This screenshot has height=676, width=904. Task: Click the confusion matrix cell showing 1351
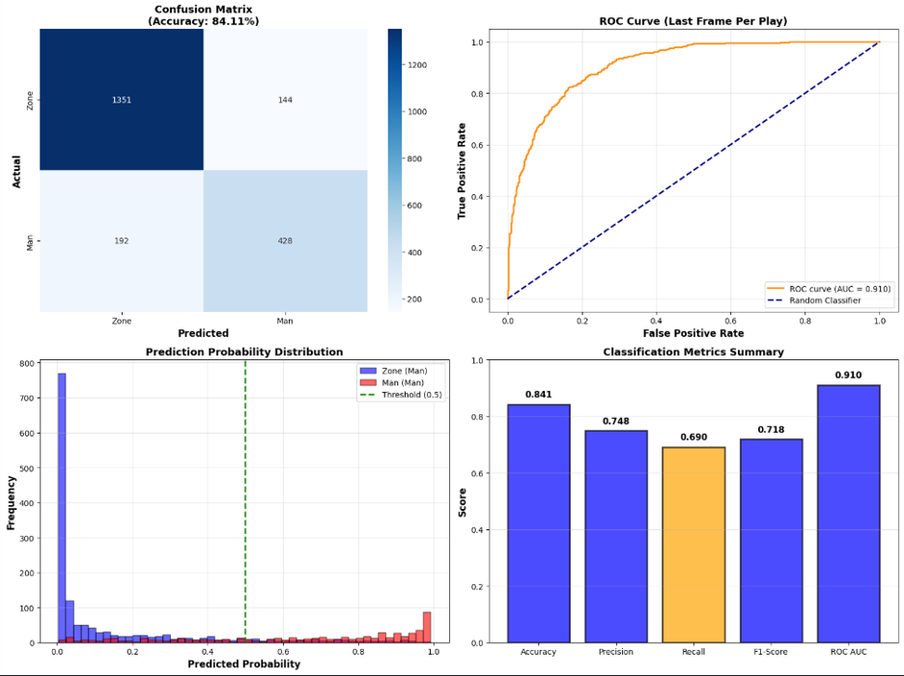tap(122, 99)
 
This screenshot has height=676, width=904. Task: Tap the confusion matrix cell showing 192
tap(122, 240)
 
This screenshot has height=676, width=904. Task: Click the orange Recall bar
tap(693, 545)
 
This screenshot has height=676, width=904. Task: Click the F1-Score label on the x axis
tap(771, 652)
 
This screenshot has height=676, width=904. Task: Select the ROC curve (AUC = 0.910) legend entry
tap(830, 287)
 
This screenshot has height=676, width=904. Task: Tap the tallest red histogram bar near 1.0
tap(427, 627)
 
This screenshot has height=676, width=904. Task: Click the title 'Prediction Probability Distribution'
tap(244, 352)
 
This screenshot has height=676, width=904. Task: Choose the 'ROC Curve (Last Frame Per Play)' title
tap(692, 20)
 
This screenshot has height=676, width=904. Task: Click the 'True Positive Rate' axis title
tap(462, 170)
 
